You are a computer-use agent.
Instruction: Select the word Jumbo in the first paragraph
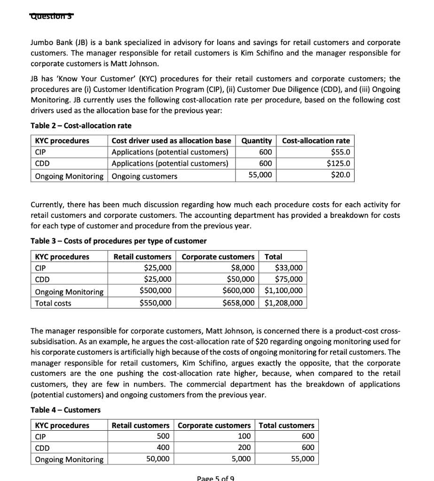pyautogui.click(x=41, y=42)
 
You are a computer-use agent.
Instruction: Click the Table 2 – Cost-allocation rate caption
pyautogui.click(x=81, y=125)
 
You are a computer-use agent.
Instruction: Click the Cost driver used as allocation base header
pyautogui.click(x=171, y=141)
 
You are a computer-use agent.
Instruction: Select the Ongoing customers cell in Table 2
pyautogui.click(x=144, y=176)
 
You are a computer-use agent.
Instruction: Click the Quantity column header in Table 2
pyautogui.click(x=256, y=141)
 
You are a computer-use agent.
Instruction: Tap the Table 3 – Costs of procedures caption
pyautogui.click(x=118, y=241)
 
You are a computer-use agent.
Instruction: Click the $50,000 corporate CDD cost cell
pyautogui.click(x=241, y=279)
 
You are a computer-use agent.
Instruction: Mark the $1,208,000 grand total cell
pyautogui.click(x=284, y=303)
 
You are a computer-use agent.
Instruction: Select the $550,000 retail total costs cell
pyautogui.click(x=156, y=303)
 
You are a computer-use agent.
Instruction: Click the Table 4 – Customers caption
pyautogui.click(x=65, y=410)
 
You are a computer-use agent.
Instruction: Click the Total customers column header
pyautogui.click(x=287, y=425)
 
